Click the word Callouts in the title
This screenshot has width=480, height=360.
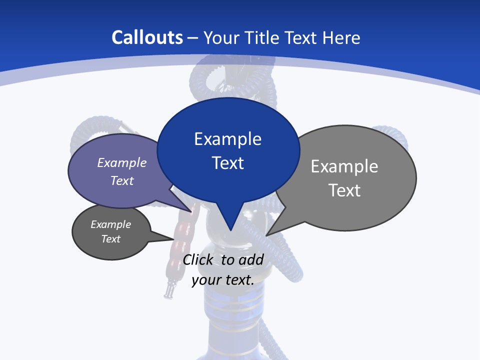point(147,38)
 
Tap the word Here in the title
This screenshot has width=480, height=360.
point(342,38)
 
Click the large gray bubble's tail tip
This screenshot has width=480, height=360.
point(268,233)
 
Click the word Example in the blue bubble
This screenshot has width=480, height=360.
point(227,138)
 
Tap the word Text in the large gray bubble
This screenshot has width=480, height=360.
point(344,190)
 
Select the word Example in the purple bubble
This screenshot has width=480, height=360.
point(121,162)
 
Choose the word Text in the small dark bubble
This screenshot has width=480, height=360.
point(110,239)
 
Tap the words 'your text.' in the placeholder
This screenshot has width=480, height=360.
point(223,280)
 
